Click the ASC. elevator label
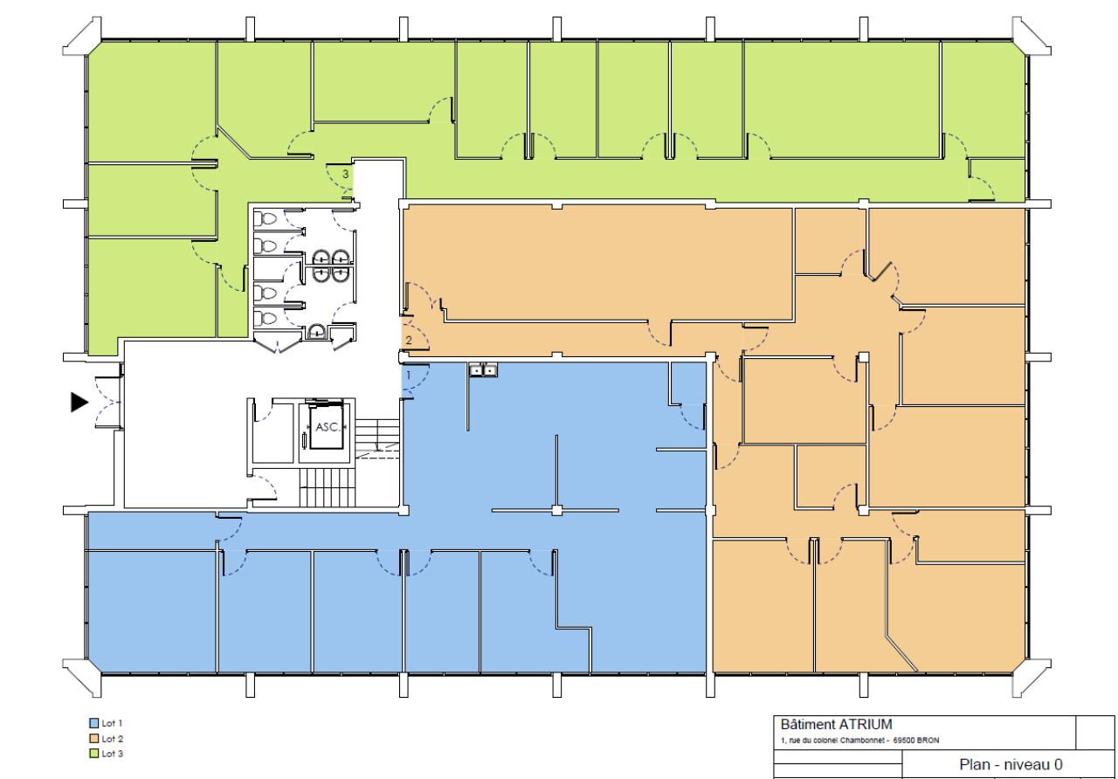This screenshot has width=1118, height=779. click(x=328, y=427)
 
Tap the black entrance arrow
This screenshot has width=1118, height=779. click(x=79, y=403)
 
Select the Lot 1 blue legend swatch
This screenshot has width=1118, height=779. click(x=93, y=722)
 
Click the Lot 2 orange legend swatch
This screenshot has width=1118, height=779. click(x=93, y=738)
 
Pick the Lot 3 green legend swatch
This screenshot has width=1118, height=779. click(x=93, y=754)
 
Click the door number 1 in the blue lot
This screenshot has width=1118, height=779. click(x=408, y=375)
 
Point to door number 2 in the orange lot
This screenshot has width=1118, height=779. click(x=409, y=341)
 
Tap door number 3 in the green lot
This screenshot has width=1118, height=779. click(x=345, y=175)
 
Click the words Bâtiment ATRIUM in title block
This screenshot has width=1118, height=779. click(x=836, y=724)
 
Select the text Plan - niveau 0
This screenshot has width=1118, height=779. click(x=1011, y=764)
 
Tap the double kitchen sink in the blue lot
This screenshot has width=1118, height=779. click(x=483, y=369)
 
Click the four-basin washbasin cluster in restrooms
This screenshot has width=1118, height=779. click(x=330, y=265)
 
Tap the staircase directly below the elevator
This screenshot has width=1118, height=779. click(x=327, y=488)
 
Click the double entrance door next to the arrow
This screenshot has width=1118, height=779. click(x=107, y=403)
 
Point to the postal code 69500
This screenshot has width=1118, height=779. click(x=904, y=741)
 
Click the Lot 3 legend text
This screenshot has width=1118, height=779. click(x=113, y=754)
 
